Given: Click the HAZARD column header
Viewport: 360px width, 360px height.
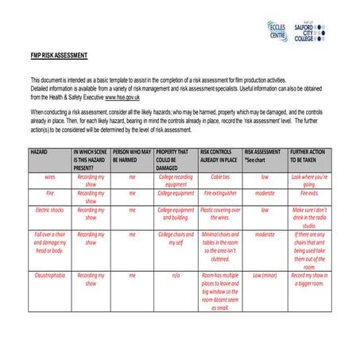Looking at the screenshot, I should point(39,150).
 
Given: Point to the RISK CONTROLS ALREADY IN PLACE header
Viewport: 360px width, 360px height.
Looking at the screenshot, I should point(220,154).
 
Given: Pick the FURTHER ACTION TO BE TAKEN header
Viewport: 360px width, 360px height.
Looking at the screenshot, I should point(309,154).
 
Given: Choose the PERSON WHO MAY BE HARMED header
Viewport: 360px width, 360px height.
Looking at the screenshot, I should point(132,154).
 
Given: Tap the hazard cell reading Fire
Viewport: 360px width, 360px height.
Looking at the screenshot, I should point(50,192).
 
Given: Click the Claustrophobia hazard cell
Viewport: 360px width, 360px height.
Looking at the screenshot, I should point(50,275).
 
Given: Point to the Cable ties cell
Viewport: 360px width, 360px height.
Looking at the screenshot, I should point(220,176).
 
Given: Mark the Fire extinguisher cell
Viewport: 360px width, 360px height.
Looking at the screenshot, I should point(220,192).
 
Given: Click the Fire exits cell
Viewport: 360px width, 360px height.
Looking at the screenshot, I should point(309,192).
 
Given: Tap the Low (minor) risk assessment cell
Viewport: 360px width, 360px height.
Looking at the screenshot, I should point(265,275).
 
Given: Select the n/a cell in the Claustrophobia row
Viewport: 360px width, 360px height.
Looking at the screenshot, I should point(176,275).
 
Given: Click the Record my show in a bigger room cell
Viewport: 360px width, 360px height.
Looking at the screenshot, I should point(309,279).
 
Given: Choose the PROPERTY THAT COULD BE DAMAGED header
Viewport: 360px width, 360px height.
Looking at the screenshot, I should point(176,158).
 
